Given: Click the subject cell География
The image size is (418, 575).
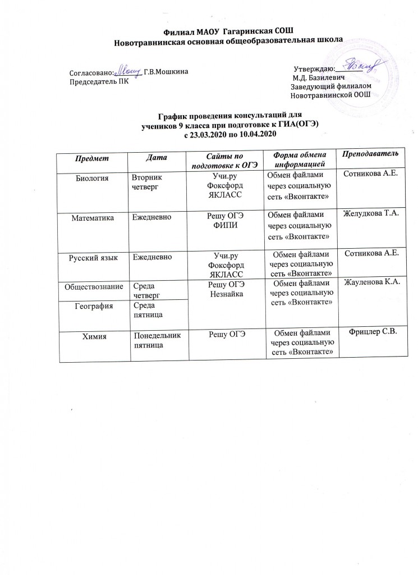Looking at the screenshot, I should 93,307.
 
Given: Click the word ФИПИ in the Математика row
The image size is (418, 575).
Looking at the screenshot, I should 225,226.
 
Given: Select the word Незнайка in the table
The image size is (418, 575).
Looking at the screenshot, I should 226,296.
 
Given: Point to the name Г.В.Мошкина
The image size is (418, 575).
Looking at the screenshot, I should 166,72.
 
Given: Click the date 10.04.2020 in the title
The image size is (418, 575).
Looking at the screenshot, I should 257,134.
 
